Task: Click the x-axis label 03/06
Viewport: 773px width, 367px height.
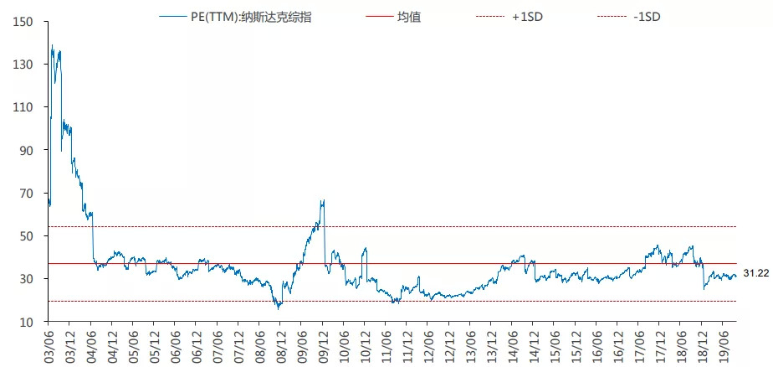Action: click(48, 344)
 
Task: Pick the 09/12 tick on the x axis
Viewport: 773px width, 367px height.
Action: click(324, 344)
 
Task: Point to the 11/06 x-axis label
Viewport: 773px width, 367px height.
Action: click(387, 344)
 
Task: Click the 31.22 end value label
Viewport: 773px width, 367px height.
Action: click(755, 274)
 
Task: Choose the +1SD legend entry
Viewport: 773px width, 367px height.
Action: click(527, 16)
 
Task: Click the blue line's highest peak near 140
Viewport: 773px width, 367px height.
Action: click(52, 45)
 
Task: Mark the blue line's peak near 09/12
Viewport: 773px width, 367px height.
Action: click(323, 201)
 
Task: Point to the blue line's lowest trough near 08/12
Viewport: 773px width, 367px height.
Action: click(279, 308)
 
